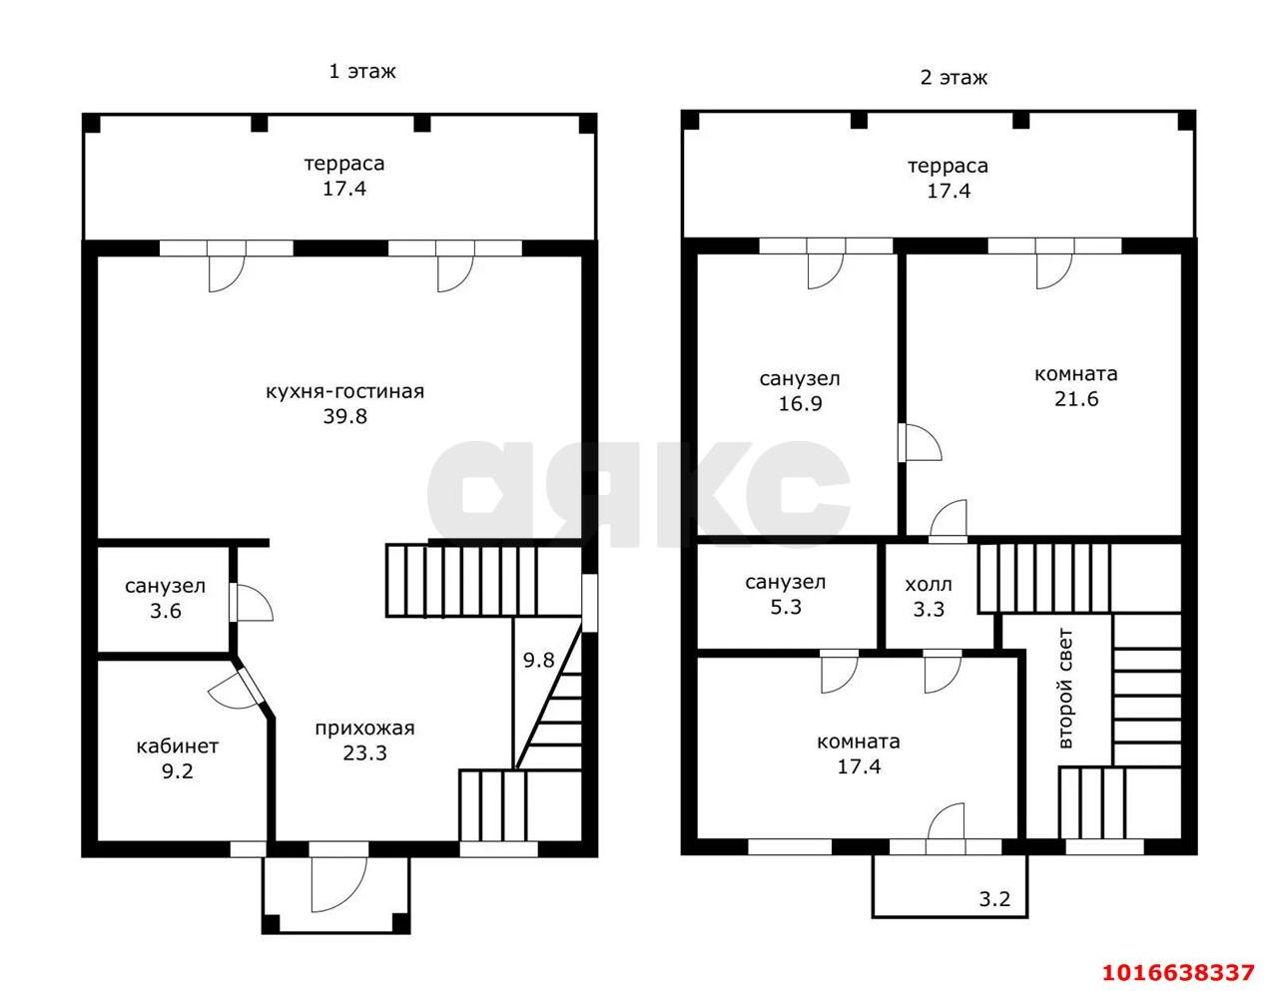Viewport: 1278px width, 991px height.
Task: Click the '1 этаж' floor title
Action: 362,72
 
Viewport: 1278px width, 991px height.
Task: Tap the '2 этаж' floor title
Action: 954,78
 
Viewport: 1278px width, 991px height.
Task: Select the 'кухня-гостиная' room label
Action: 344,391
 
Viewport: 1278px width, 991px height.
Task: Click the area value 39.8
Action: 344,417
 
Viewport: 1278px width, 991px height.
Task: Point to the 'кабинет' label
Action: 177,745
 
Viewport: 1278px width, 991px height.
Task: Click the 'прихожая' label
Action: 364,729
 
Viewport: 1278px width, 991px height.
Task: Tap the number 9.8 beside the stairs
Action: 538,660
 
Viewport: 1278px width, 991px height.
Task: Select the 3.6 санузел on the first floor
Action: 165,599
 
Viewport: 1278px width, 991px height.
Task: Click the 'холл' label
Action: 929,584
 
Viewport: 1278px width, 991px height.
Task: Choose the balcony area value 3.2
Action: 993,899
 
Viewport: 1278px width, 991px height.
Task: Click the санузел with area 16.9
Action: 800,391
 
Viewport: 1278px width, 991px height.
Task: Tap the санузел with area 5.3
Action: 786,594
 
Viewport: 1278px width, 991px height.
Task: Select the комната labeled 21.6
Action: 1075,386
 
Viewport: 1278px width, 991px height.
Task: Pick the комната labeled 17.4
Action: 859,754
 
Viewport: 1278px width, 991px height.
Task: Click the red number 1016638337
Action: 1177,971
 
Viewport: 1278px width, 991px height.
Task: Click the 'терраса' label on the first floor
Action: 344,164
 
